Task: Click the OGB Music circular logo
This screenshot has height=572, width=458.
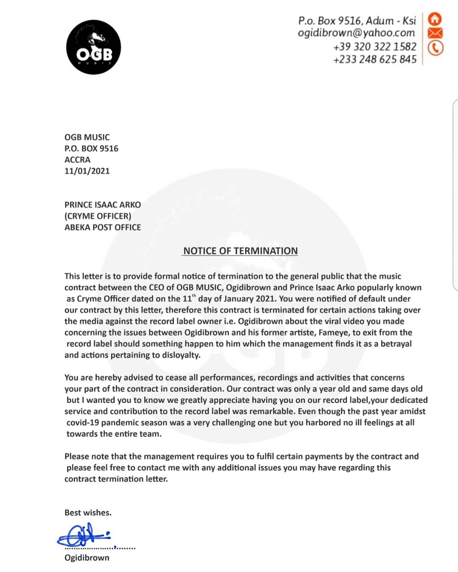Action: pos(93,47)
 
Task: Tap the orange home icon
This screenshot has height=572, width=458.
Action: pos(435,19)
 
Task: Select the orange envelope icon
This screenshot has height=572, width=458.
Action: pos(435,33)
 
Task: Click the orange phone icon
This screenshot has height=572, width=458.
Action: pos(435,48)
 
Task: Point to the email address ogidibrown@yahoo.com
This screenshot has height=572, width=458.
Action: pos(356,33)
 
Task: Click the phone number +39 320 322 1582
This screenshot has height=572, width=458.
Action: pos(375,46)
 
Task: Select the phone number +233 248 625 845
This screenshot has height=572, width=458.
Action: pos(375,59)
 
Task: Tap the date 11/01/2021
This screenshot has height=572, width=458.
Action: pos(87,171)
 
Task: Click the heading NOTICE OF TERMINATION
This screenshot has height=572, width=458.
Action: pos(240,251)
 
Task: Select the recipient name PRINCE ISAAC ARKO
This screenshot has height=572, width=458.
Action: pos(103,205)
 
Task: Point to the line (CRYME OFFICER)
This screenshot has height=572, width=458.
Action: pos(98,216)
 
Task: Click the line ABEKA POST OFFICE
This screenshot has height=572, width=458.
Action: pos(103,228)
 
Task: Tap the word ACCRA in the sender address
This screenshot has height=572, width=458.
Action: pos(77,160)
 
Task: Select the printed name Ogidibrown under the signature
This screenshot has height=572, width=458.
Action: pos(87,558)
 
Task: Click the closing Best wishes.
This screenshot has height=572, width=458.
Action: pos(88,513)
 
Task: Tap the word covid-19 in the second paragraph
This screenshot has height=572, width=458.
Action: pos(83,423)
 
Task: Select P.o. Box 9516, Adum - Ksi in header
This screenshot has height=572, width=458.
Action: pos(357,20)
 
